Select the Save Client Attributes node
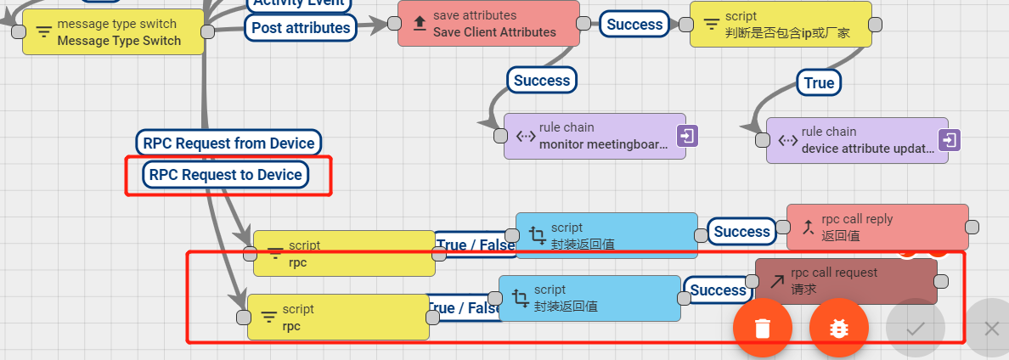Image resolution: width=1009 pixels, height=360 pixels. [488, 24]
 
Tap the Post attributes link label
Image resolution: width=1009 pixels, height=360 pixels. [301, 28]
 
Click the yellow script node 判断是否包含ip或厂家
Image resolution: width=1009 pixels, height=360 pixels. [781, 24]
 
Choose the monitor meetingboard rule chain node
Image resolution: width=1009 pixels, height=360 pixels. [595, 136]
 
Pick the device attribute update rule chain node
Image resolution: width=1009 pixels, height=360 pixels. [857, 140]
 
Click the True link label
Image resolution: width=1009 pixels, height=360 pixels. [819, 82]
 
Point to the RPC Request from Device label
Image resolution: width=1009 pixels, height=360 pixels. [228, 143]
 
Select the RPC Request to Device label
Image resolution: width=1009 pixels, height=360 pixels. [225, 175]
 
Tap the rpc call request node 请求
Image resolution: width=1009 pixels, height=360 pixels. [846, 281]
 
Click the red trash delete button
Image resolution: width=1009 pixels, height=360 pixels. [763, 328]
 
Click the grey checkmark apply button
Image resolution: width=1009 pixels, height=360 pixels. [915, 328]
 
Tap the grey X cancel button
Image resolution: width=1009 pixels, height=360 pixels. [991, 328]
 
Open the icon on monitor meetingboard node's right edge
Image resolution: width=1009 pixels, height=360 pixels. [687, 135]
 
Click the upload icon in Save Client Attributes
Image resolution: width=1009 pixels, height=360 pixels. [420, 24]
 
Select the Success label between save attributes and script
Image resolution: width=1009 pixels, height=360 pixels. [634, 25]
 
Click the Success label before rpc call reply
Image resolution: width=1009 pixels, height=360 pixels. [741, 232]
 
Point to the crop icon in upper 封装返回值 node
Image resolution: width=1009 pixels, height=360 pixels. [537, 235]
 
